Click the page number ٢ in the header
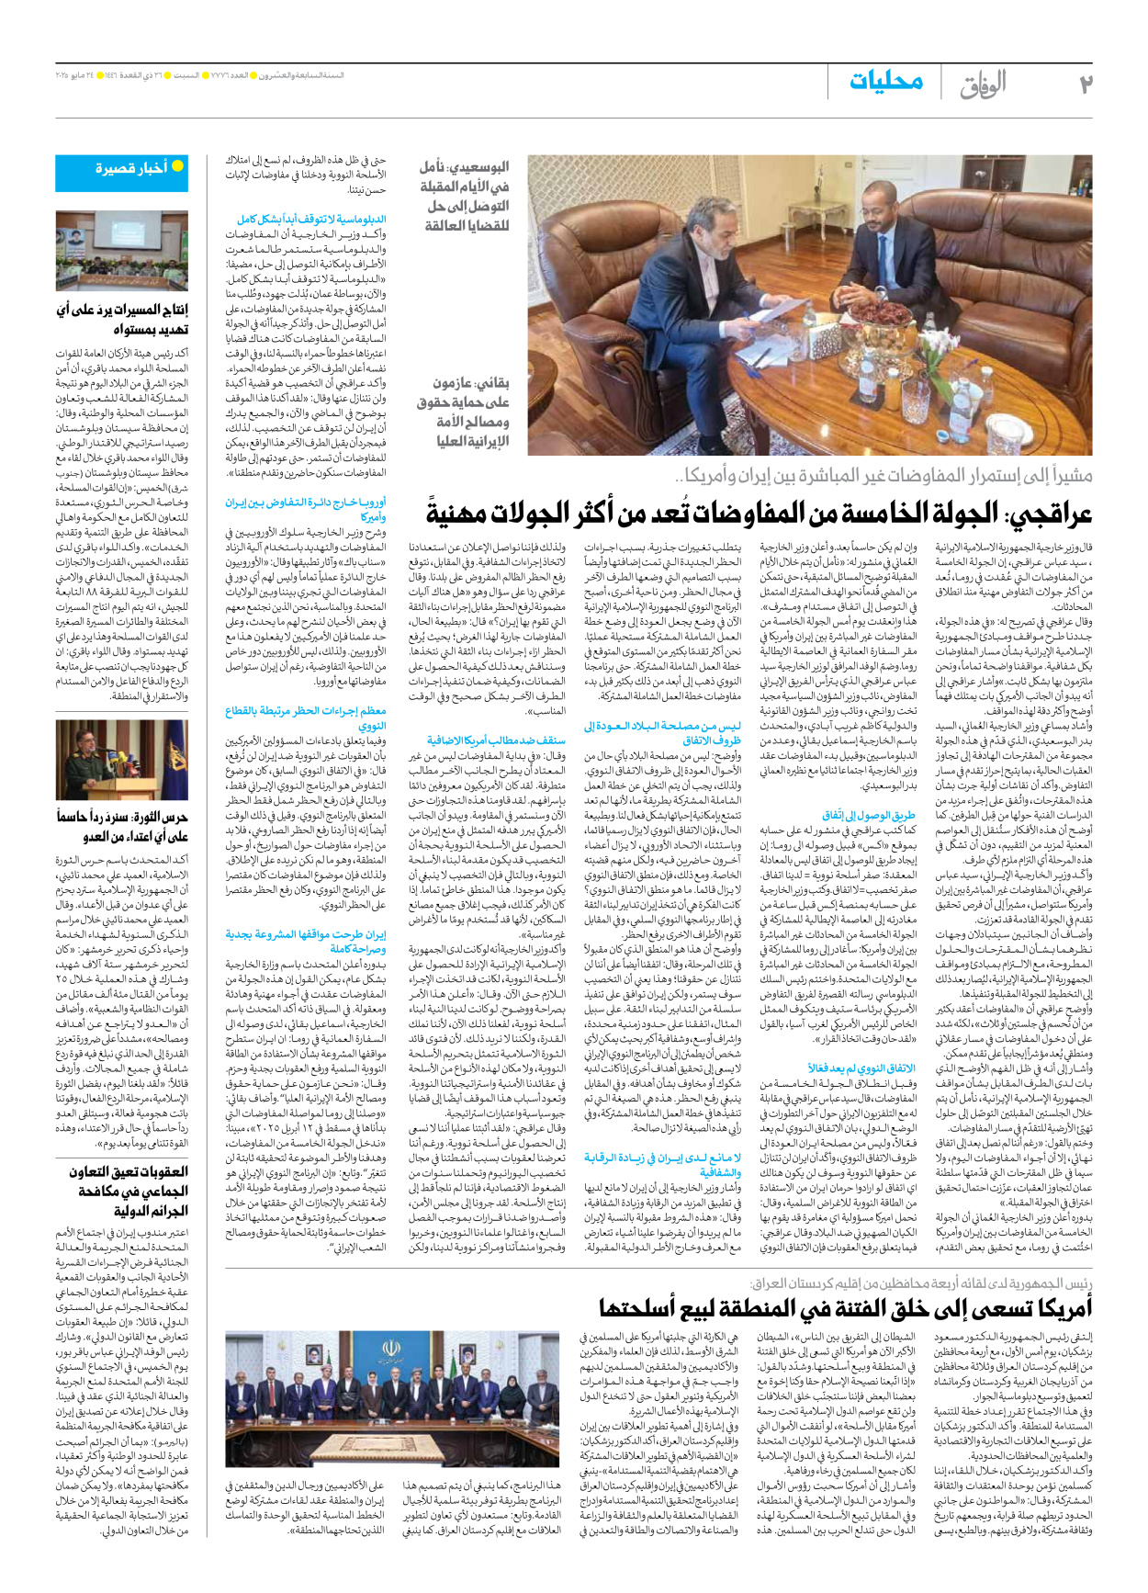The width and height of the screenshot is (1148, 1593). [x=1085, y=85]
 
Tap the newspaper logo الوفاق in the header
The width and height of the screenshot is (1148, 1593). [x=984, y=85]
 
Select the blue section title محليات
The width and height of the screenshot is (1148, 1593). [x=885, y=82]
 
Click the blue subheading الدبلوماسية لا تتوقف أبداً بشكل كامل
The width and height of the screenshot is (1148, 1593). [x=311, y=220]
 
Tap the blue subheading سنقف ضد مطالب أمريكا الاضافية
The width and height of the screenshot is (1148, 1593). [x=496, y=740]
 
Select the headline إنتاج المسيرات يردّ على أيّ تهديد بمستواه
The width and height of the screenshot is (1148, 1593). [x=123, y=319]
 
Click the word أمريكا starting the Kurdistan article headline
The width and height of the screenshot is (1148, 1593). [x=1056, y=1305]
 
